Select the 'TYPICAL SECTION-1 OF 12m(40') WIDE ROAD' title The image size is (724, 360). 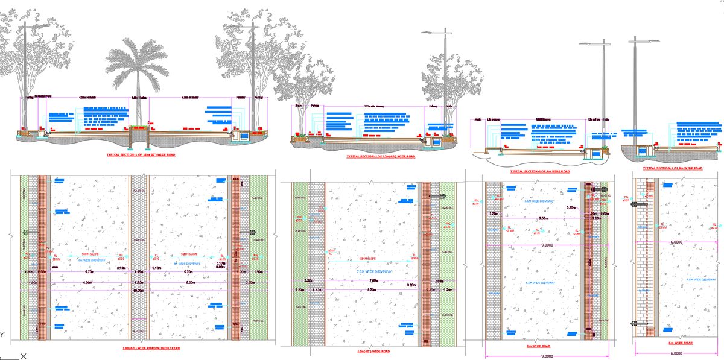tap(381, 156)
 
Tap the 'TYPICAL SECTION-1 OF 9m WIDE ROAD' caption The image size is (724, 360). tap(539, 171)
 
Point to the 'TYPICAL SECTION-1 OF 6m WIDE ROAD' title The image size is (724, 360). tap(672, 168)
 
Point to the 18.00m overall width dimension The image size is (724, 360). tap(138, 291)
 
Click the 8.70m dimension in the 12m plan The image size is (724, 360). tap(373, 290)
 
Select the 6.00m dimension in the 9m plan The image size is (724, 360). tap(543, 218)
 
